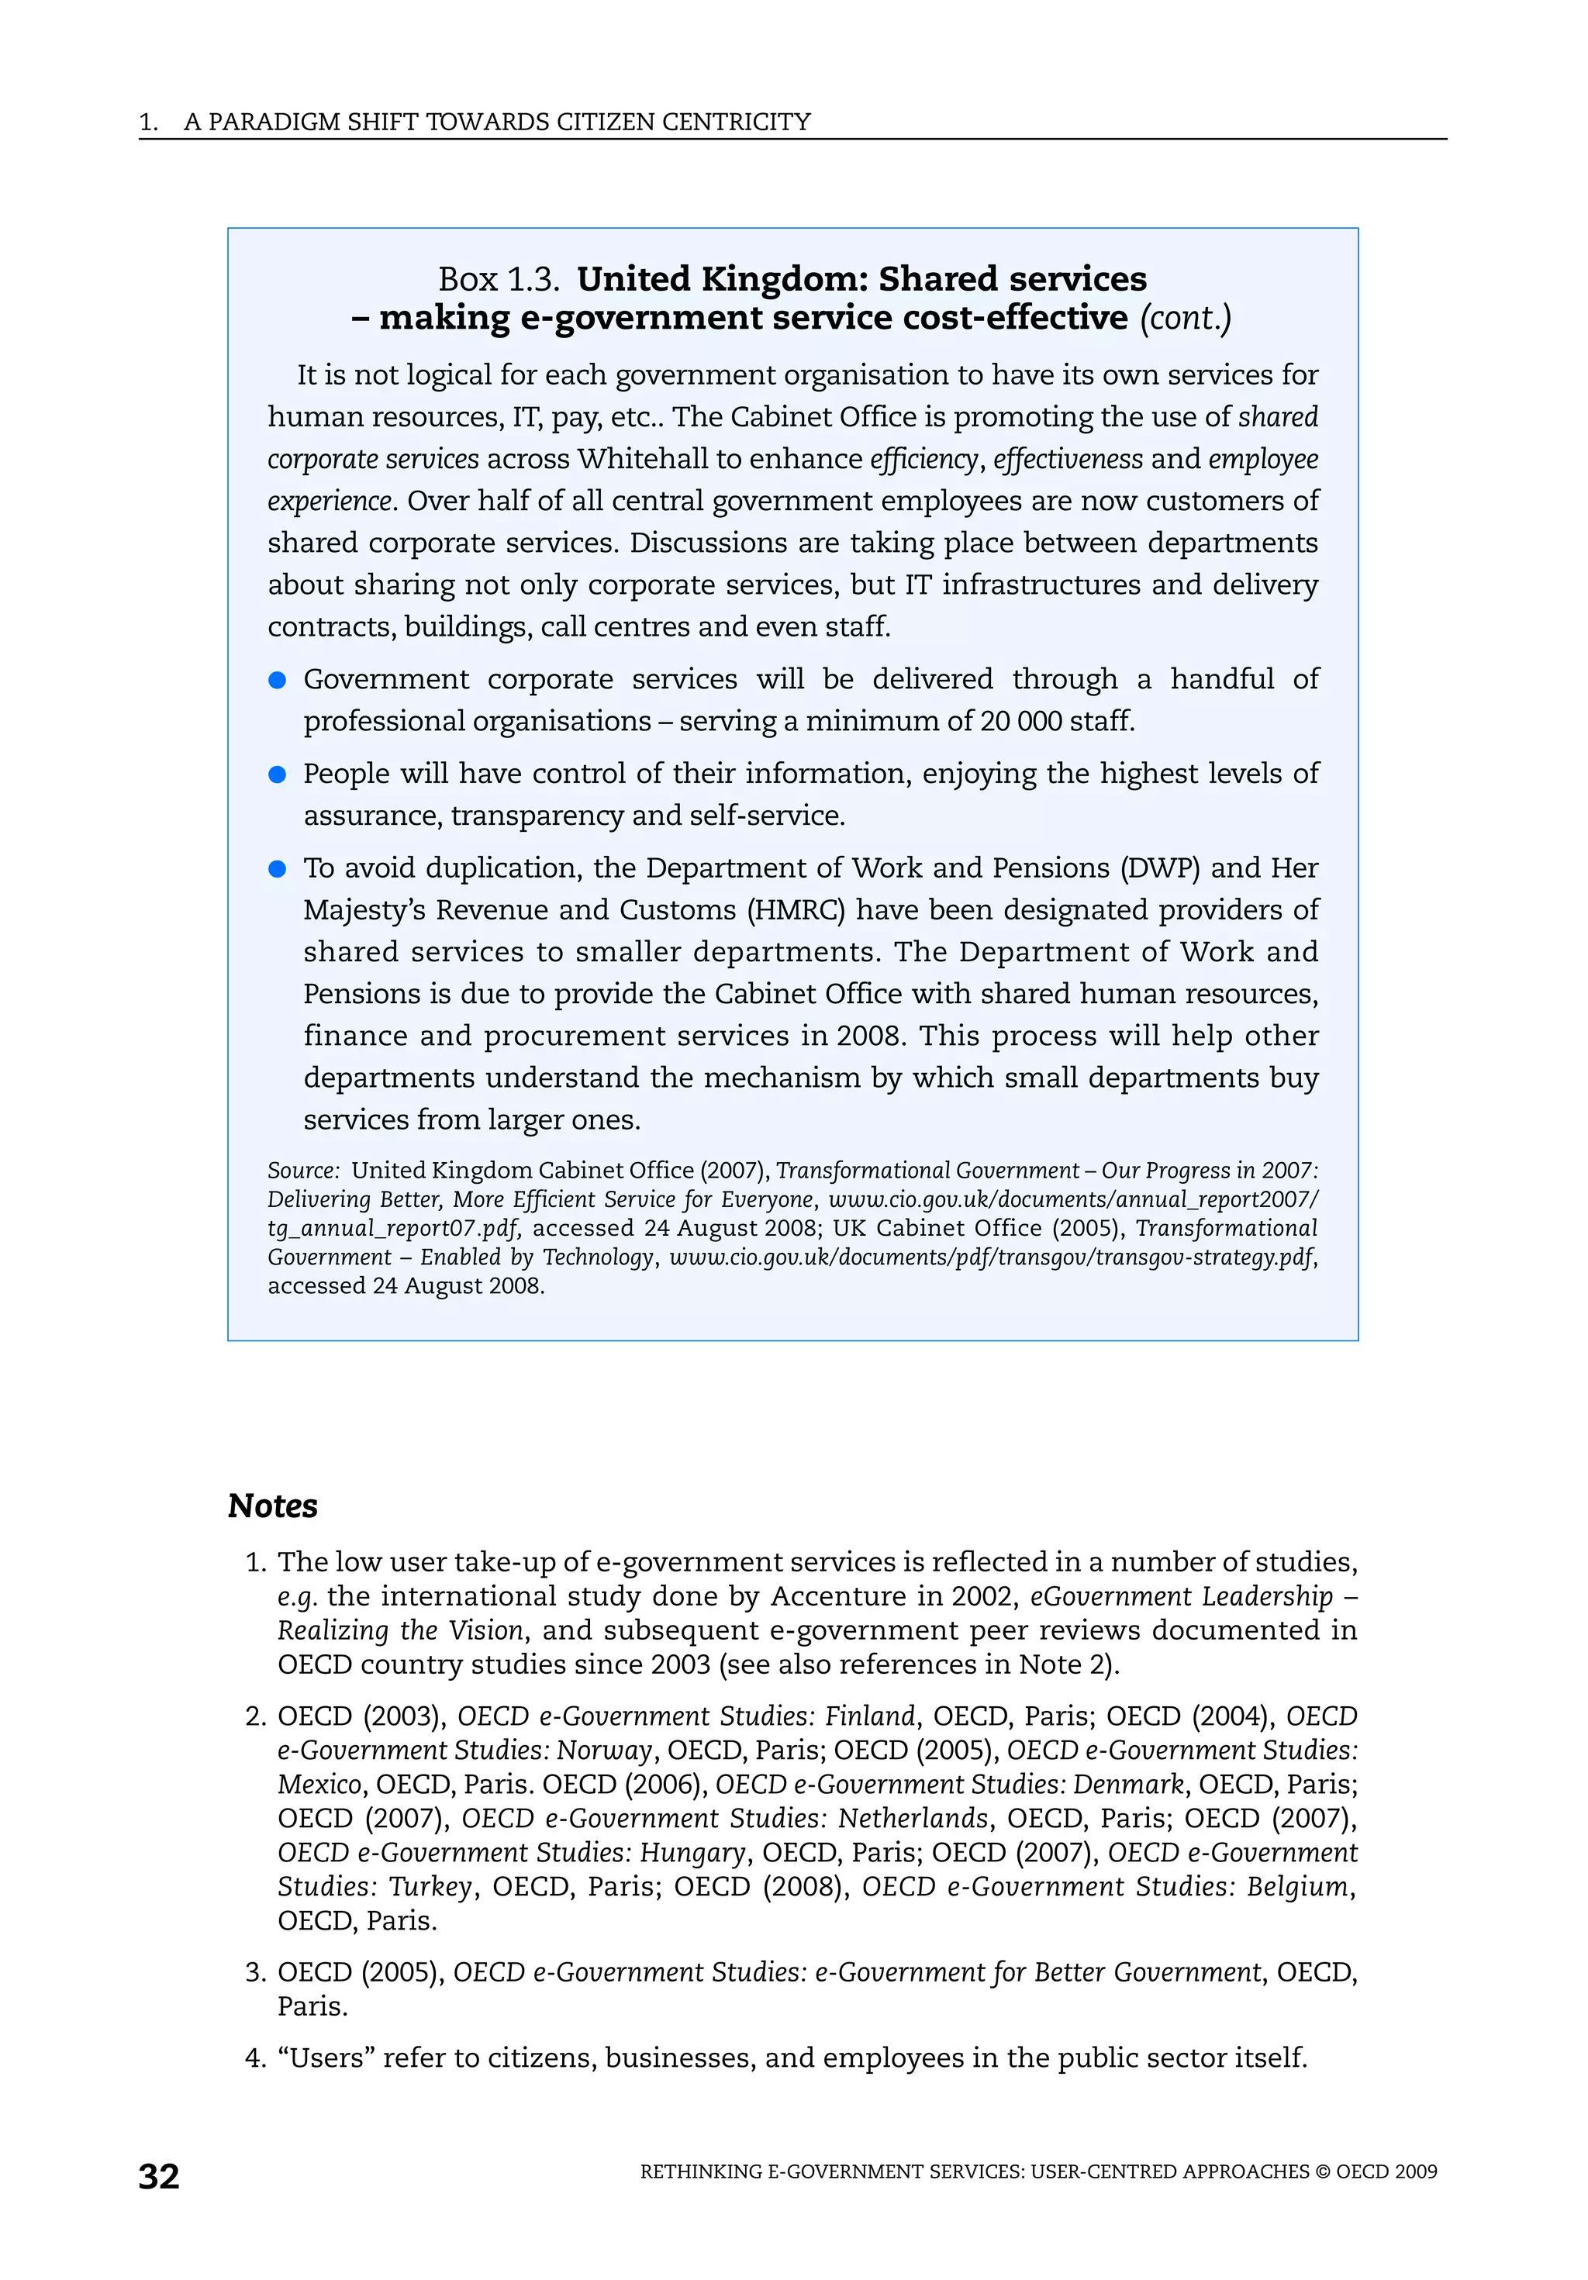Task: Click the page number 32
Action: tap(159, 2176)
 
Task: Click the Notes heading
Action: tap(272, 1506)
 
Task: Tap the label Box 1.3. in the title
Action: tap(499, 279)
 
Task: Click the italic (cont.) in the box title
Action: tap(1185, 319)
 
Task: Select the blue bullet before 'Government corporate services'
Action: tap(278, 680)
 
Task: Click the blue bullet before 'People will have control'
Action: tap(278, 774)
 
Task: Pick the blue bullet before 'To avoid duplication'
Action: tap(278, 869)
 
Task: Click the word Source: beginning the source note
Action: tap(304, 1171)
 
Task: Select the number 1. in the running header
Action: tap(148, 122)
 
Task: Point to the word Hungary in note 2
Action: tap(692, 1853)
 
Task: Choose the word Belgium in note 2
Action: tap(1299, 1887)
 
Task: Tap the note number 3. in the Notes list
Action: tap(256, 1972)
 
